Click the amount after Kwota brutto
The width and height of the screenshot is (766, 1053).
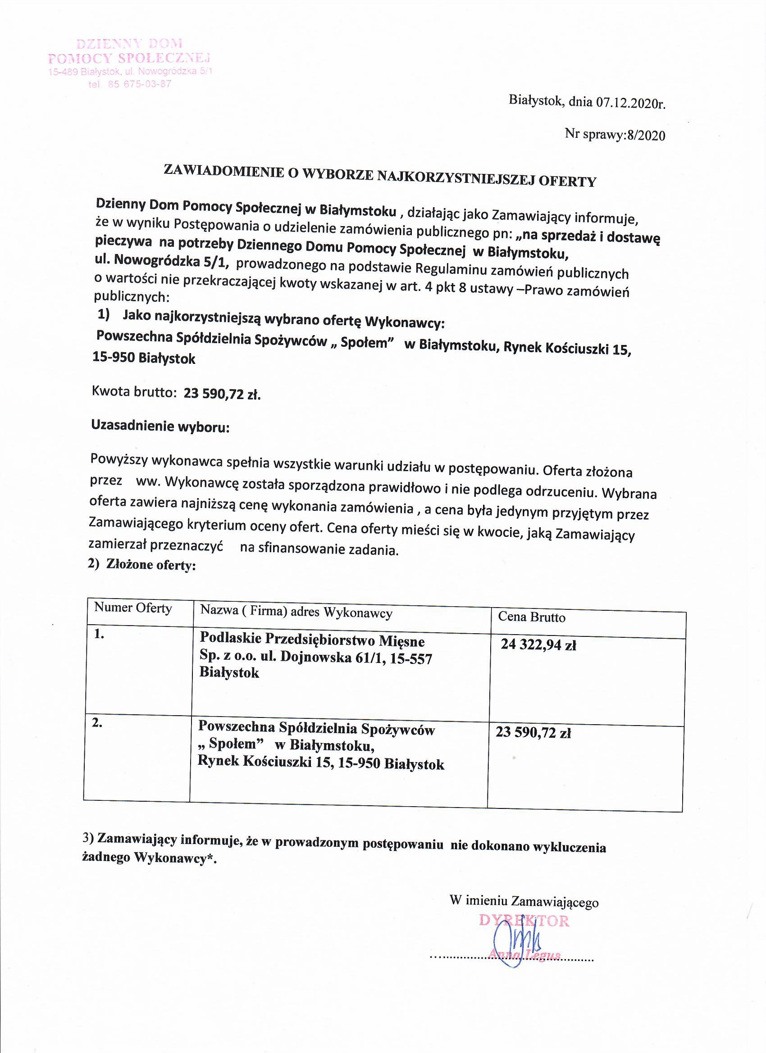coord(222,394)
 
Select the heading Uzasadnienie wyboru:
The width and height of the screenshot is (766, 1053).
coord(160,426)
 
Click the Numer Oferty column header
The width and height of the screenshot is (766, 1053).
coord(133,608)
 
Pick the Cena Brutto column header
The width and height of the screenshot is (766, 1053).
coord(531,617)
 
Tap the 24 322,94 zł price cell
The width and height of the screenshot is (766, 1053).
coord(538,645)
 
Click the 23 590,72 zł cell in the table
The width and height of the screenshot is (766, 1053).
coord(533,733)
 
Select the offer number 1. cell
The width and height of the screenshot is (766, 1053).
coord(99,634)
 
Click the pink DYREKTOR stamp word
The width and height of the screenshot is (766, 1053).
coord(524,921)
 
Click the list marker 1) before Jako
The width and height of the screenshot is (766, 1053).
coord(104,315)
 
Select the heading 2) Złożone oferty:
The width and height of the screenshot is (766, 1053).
coord(141,565)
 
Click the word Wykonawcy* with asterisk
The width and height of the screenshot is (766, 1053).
coord(176,858)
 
